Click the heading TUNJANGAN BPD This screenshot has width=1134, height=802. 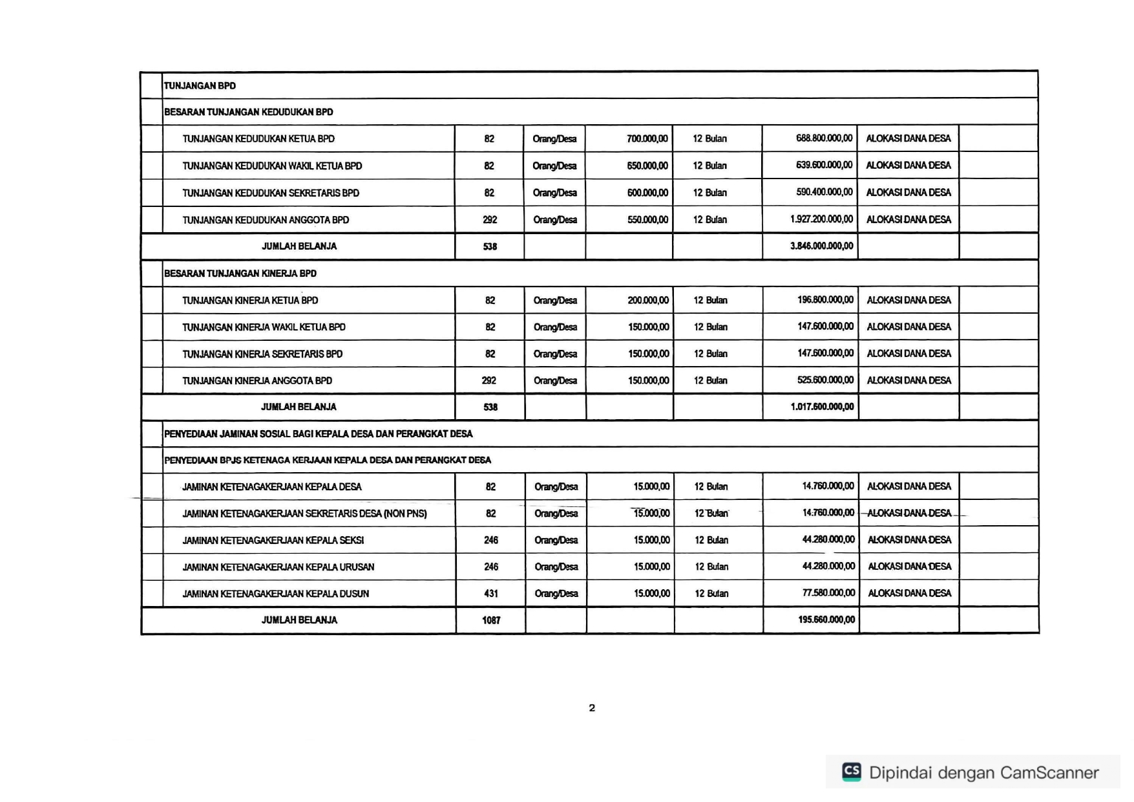pos(200,85)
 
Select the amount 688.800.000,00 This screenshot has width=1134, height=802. pos(824,138)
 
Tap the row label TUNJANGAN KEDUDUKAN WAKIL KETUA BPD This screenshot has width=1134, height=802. pos(272,166)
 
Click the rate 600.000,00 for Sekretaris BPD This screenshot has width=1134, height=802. pos(647,193)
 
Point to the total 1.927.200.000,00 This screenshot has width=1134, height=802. pos(821,219)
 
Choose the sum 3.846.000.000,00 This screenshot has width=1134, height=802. pos(821,246)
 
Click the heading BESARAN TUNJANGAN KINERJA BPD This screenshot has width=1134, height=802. pos(240,274)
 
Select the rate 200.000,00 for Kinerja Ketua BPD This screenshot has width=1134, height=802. pos(648,300)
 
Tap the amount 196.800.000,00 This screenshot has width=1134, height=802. pos(825,300)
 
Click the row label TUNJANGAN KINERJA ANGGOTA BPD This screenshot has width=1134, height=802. pos(257,381)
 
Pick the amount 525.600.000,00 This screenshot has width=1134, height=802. pos(825,380)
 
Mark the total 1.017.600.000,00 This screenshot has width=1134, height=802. pos(822,407)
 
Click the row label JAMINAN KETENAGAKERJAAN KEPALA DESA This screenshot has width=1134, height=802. pos(272,487)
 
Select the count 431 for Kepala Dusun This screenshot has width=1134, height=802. pos(491,594)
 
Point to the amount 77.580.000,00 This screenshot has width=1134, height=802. pos(828,593)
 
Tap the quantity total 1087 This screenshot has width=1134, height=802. pos(491,620)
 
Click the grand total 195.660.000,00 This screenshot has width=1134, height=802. pos(826,620)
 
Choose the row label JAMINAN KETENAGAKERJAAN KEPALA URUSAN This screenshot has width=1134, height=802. pos(278,567)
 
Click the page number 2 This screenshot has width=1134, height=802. pos(592,708)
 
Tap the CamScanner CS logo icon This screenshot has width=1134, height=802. pos(852,772)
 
